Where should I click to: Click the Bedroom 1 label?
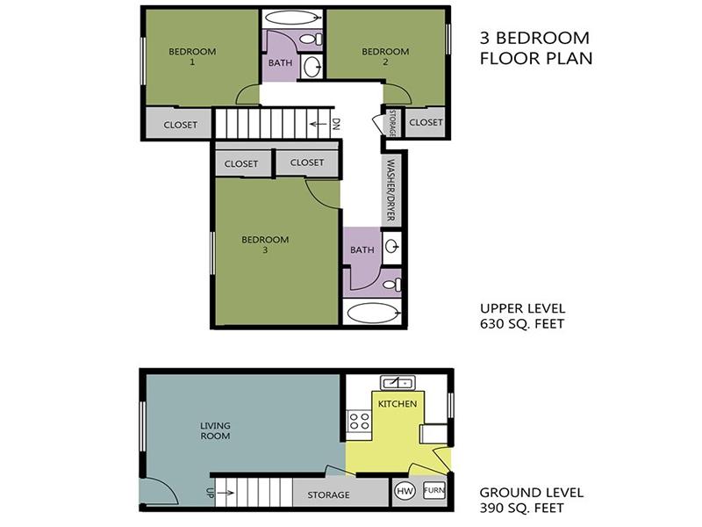click(x=192, y=56)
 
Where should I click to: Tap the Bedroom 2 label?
click(x=385, y=56)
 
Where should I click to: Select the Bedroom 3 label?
click(x=265, y=244)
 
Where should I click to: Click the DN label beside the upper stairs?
click(x=336, y=124)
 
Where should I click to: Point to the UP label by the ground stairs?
click(x=210, y=493)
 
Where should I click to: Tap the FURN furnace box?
click(x=433, y=490)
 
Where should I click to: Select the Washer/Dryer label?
click(x=390, y=190)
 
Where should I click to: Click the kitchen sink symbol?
click(x=398, y=383)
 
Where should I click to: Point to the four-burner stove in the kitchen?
click(x=360, y=422)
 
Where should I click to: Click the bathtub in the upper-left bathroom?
click(x=293, y=18)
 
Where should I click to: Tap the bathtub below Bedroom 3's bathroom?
click(x=373, y=313)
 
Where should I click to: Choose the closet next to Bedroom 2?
click(x=426, y=122)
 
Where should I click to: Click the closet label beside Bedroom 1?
click(x=181, y=125)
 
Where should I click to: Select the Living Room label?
click(x=215, y=430)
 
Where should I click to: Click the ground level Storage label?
click(x=328, y=495)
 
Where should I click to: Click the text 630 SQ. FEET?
click(x=522, y=323)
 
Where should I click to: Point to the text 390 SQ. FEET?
click(x=521, y=508)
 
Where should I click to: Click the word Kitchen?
click(x=398, y=404)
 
